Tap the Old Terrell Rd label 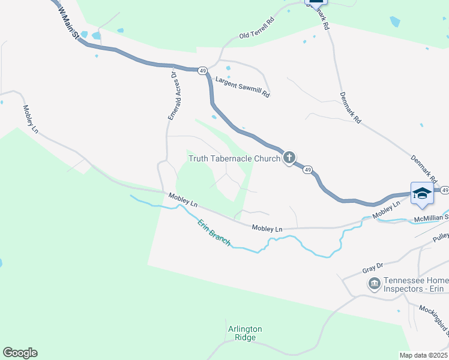tap(257, 36)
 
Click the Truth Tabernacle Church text tap(234, 159)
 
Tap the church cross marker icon tap(289, 158)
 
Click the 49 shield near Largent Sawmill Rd tap(203, 71)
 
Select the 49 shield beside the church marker tap(307, 170)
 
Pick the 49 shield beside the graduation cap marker tap(444, 190)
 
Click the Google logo tap(20, 353)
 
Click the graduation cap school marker tap(422, 193)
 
